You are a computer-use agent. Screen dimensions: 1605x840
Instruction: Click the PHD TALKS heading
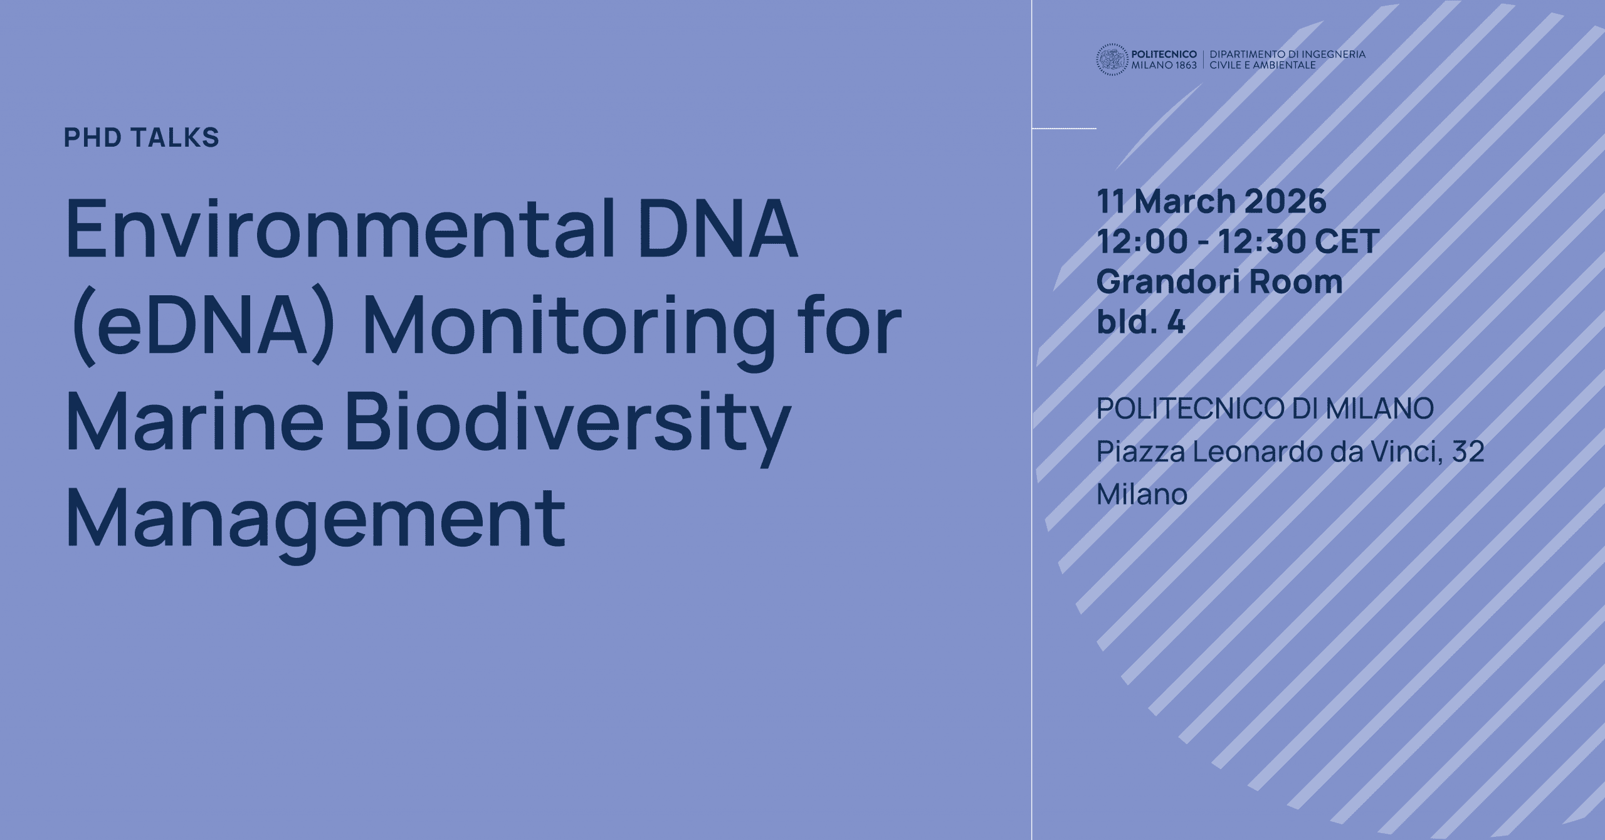coord(141,137)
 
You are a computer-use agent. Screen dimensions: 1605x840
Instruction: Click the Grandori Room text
coord(1219,282)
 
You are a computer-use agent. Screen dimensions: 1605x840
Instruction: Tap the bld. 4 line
coord(1140,323)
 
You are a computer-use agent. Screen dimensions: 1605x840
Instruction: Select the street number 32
coord(1467,452)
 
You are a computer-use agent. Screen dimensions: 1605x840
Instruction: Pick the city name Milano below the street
coord(1142,494)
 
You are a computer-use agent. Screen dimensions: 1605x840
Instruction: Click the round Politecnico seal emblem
coord(1112,60)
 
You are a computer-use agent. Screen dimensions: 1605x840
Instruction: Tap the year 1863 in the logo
coord(1183,65)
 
